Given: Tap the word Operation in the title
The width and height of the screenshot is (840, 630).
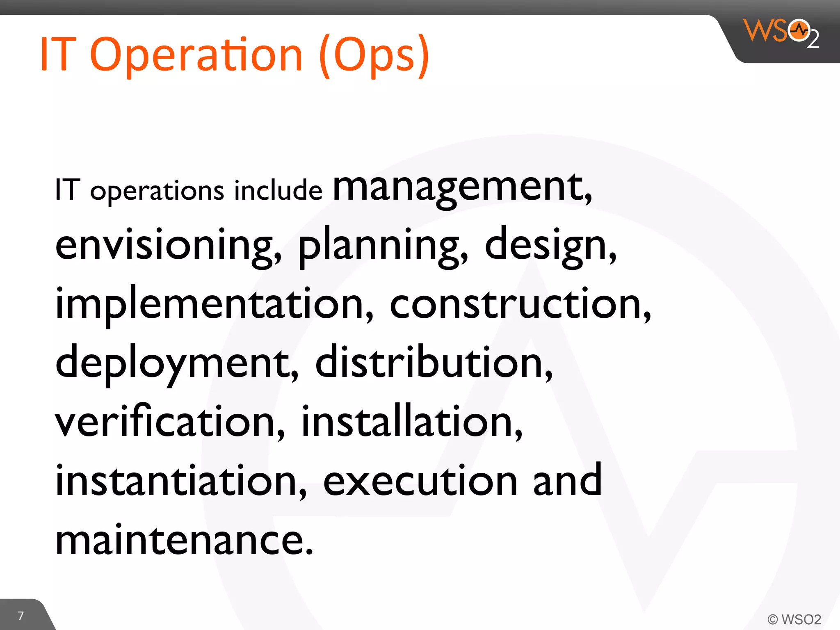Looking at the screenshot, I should tap(196, 55).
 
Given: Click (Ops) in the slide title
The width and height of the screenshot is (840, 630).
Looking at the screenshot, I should tap(374, 55).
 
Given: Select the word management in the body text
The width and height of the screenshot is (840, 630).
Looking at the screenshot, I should tap(462, 188).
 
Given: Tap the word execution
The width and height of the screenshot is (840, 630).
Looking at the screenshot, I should tap(420, 481).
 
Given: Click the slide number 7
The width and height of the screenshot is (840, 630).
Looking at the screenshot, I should tap(21, 616).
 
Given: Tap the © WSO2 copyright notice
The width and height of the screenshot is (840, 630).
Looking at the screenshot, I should tap(794, 619).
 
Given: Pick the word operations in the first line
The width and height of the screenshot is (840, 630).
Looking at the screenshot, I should tap(157, 191).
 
